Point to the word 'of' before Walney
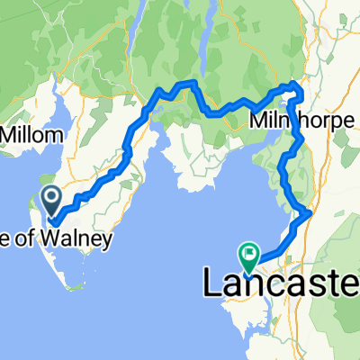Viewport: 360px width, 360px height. click(x=40, y=240)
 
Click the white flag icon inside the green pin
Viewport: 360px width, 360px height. click(x=248, y=253)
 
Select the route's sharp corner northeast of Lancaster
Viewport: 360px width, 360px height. click(x=309, y=212)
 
